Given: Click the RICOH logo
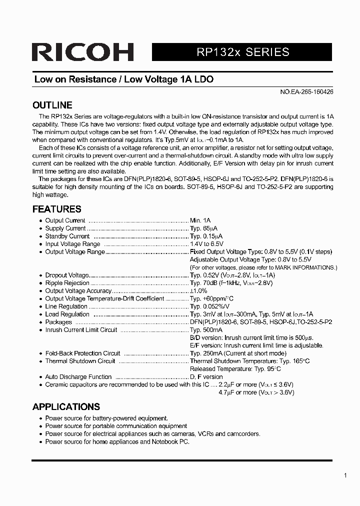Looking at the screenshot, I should [x=82, y=52].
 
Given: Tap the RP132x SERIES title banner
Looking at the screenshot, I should [x=241, y=52].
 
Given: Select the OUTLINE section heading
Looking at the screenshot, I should [x=52, y=105].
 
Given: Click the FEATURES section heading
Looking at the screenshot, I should [x=56, y=209].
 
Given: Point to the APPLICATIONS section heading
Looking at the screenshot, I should [x=66, y=406].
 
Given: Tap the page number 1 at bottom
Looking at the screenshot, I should [x=345, y=475].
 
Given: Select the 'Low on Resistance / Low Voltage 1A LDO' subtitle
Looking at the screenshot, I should [x=124, y=79].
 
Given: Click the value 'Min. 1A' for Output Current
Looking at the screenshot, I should [x=200, y=220].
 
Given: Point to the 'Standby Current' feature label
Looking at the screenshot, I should [x=67, y=236].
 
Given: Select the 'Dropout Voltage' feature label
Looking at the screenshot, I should [x=67, y=275].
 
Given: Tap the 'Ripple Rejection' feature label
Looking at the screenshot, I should [x=67, y=283].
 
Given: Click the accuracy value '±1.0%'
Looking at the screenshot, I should [x=198, y=291].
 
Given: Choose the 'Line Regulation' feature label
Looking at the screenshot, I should [x=66, y=306].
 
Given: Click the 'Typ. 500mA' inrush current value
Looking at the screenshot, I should [x=206, y=330].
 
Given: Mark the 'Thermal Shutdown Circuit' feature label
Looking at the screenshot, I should [x=80, y=361].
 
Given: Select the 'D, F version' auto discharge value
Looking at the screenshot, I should [x=206, y=376].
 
